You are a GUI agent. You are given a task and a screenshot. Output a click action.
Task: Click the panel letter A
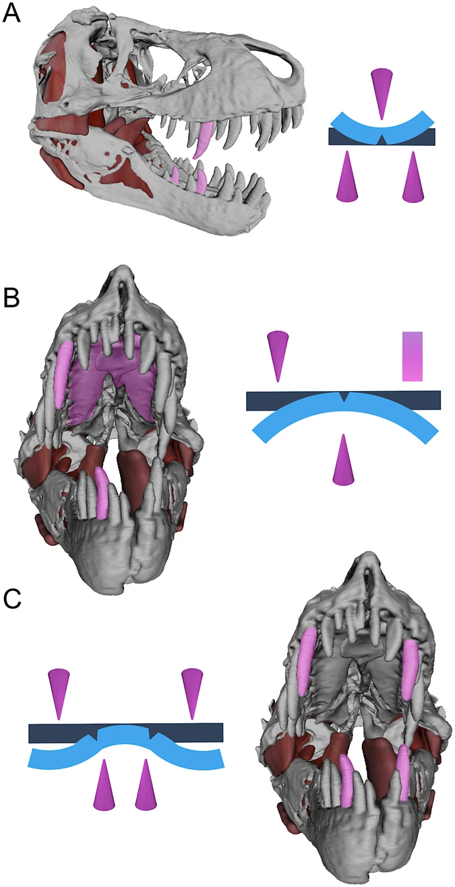pyautogui.click(x=12, y=13)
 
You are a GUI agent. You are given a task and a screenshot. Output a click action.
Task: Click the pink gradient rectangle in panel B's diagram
pyautogui.click(x=412, y=356)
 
